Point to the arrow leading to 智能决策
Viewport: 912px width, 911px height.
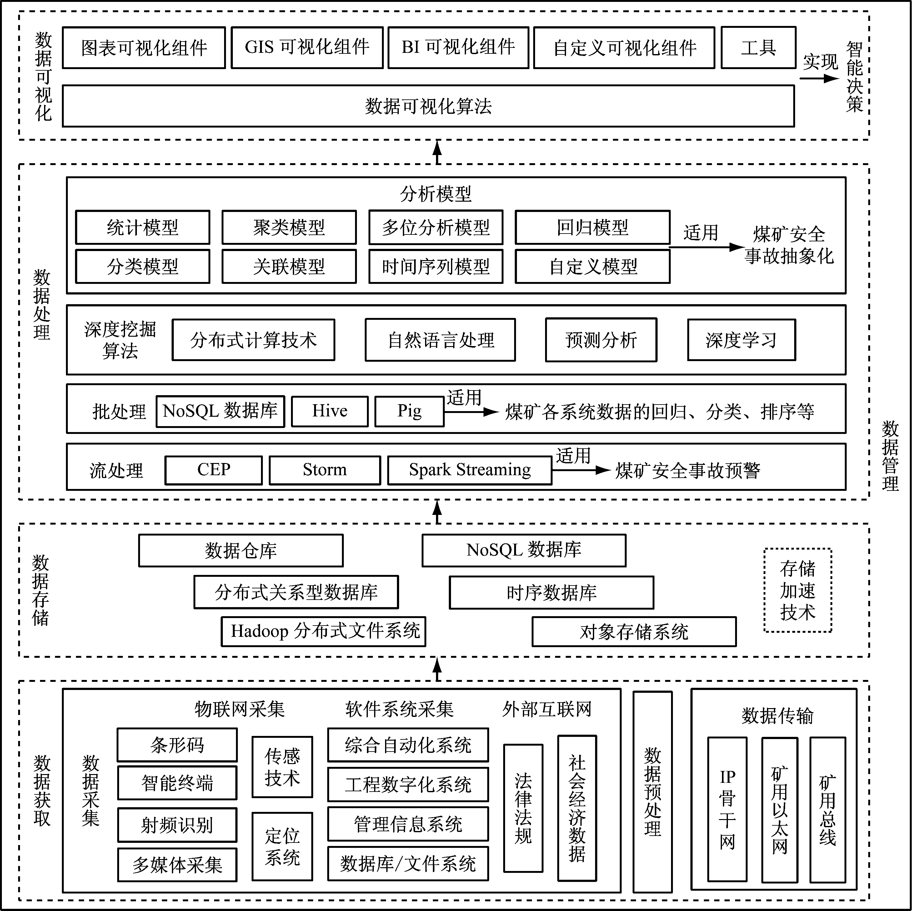click(x=819, y=78)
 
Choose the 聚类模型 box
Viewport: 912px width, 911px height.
click(x=289, y=228)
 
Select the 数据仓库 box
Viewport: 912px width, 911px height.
click(x=241, y=551)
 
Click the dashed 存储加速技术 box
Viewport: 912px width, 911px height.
click(x=798, y=590)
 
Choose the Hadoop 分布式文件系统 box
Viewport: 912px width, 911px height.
click(x=323, y=632)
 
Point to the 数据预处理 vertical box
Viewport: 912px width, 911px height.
click(x=652, y=792)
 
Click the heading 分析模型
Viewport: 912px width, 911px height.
click(x=436, y=194)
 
